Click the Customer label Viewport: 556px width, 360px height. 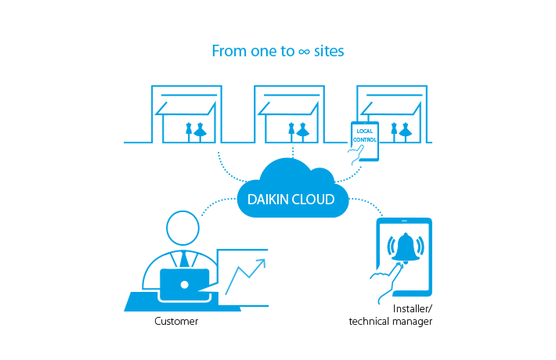(x=175, y=321)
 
